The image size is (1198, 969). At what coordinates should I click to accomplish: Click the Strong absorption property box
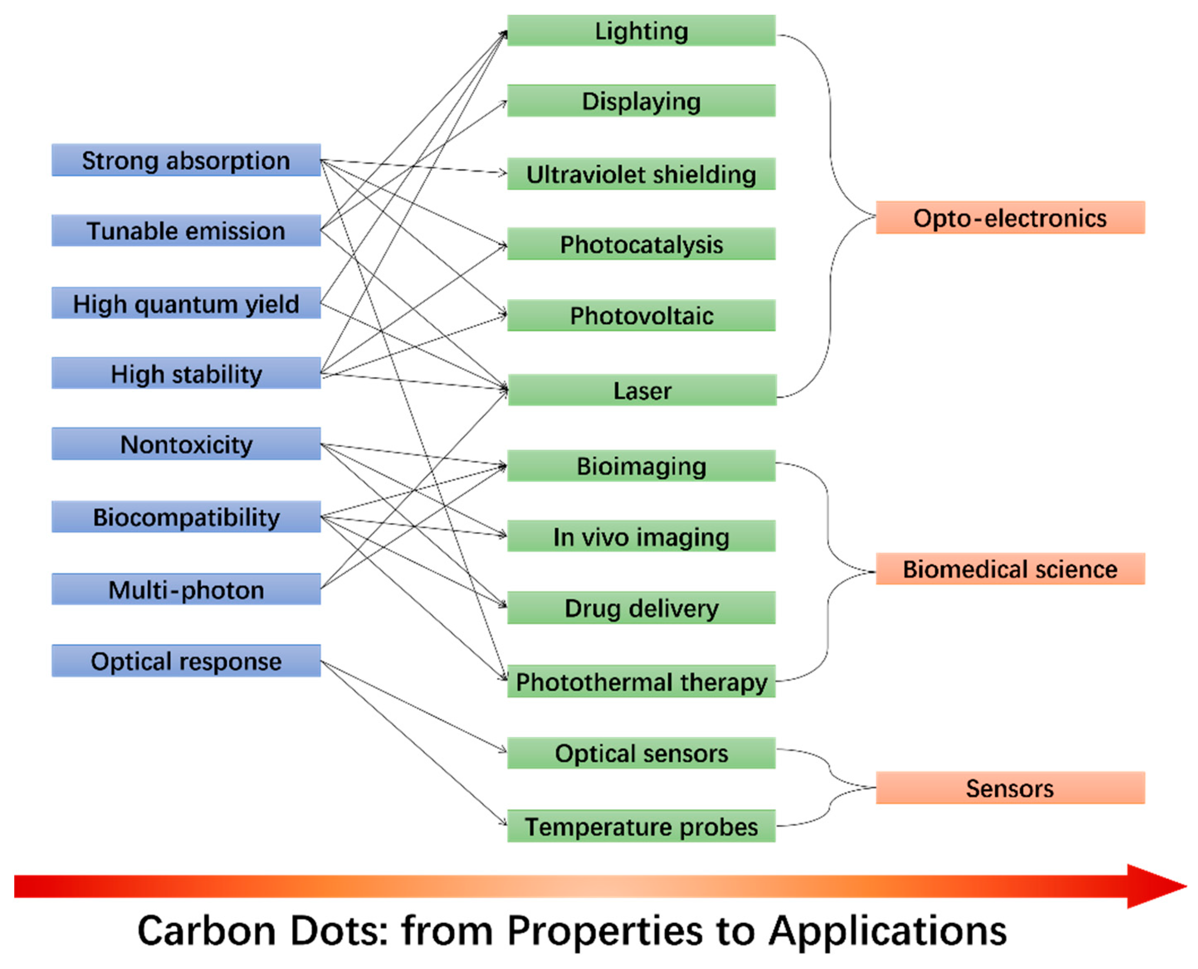coord(186,160)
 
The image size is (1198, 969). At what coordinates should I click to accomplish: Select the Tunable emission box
coord(186,231)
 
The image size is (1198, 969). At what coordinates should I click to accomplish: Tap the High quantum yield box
coord(186,303)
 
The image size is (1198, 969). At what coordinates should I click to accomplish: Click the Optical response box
coord(186,661)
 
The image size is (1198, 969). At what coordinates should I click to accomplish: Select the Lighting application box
coord(641,30)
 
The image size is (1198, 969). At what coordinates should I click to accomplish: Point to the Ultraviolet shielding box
coord(641,174)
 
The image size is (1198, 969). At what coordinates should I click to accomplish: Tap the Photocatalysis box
coord(641,244)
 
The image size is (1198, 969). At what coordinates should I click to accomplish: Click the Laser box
coord(642,390)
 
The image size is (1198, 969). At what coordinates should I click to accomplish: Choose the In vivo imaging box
coord(641,537)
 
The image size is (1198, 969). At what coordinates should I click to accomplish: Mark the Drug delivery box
coord(641,608)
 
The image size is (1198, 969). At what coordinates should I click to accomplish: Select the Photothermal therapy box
coord(641,682)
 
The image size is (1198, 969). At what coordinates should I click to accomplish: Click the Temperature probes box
coord(641,826)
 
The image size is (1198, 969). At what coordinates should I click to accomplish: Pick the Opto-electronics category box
coord(1010,218)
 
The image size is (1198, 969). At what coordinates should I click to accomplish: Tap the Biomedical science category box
coord(1010,569)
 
